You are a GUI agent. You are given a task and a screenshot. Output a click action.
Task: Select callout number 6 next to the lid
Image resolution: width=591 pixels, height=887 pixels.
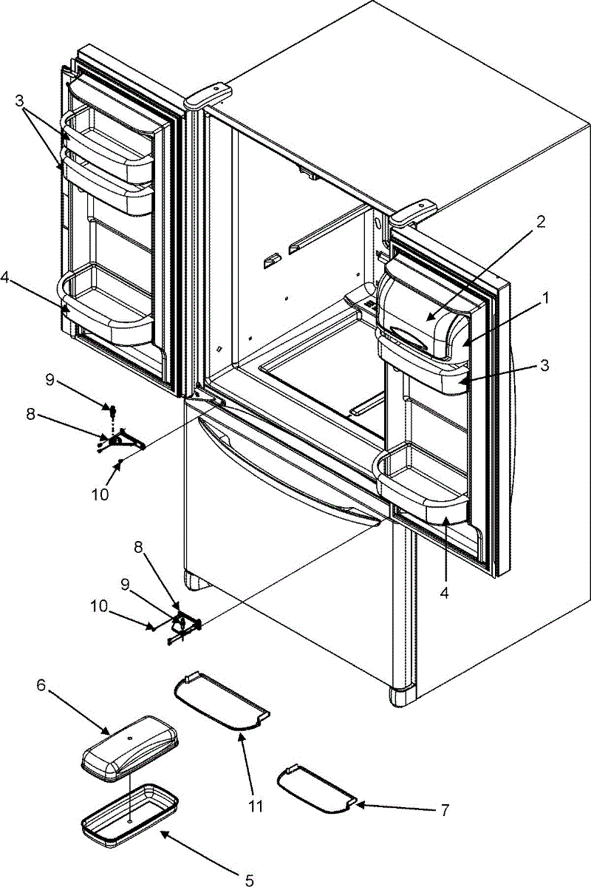[x=41, y=686]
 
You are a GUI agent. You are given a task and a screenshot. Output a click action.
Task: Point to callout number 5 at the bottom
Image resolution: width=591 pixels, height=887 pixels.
[x=249, y=880]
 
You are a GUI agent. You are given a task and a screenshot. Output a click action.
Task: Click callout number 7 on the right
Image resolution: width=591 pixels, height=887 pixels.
[x=444, y=811]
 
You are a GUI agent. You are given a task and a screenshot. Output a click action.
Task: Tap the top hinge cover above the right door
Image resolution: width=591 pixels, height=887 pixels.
[x=413, y=210]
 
